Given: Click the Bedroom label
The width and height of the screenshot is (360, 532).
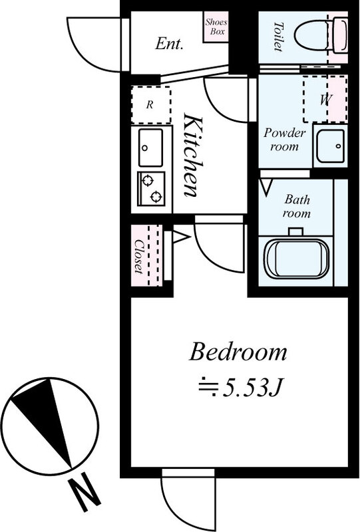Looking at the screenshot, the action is pyautogui.click(x=238, y=352).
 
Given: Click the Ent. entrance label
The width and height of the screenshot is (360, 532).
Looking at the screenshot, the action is pyautogui.click(x=169, y=44).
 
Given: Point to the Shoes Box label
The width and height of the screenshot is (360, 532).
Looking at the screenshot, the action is pyautogui.click(x=216, y=27).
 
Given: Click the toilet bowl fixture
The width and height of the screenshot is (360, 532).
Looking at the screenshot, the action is pyautogui.click(x=321, y=37).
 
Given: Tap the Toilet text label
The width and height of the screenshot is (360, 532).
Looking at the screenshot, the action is pyautogui.click(x=278, y=37).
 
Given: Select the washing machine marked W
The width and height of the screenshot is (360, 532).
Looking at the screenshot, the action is pyautogui.click(x=325, y=99).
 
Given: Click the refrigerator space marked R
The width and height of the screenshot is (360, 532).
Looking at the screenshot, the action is pyautogui.click(x=151, y=105).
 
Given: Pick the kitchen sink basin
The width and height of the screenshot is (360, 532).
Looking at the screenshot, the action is pyautogui.click(x=150, y=147).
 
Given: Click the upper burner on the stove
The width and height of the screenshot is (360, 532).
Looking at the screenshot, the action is pyautogui.click(x=148, y=180).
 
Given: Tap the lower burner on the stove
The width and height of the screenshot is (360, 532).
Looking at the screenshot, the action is pyautogui.click(x=156, y=196).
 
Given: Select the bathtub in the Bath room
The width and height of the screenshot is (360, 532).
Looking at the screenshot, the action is pyautogui.click(x=297, y=259).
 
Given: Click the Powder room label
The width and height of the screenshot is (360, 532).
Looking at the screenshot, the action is pyautogui.click(x=285, y=139).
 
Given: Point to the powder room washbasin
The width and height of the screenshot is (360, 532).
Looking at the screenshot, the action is pyautogui.click(x=330, y=146).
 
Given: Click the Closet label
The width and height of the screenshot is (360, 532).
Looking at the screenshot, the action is pyautogui.click(x=138, y=257).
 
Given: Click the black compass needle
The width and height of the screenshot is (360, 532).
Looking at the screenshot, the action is pyautogui.click(x=43, y=421).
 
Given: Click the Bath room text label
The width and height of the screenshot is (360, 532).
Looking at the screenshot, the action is pyautogui.click(x=297, y=206).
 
